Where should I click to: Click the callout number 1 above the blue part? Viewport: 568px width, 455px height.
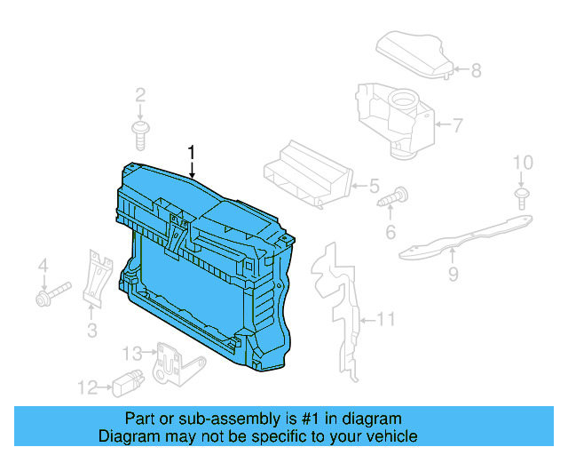point(192,152)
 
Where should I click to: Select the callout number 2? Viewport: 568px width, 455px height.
point(140,95)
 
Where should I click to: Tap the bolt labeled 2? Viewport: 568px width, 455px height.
point(140,136)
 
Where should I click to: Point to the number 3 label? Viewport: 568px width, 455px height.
point(92,331)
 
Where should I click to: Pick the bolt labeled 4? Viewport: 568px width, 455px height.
point(53,294)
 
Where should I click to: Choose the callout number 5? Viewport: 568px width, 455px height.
point(374,186)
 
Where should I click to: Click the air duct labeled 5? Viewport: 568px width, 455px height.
point(308,175)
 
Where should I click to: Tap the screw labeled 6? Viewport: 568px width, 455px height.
point(392,197)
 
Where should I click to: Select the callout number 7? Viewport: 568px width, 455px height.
point(458,125)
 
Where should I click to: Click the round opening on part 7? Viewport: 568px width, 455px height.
point(403,97)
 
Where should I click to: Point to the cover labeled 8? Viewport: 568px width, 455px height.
point(414,54)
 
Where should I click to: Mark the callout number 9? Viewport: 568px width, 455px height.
point(454,274)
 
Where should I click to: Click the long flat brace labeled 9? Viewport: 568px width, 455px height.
point(466,237)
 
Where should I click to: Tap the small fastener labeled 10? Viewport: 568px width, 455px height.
point(522,199)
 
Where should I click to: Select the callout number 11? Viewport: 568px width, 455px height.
point(386,319)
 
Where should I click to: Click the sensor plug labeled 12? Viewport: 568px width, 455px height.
point(128,383)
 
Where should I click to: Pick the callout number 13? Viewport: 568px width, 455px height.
point(132,353)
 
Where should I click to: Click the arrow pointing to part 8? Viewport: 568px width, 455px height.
point(461,69)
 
